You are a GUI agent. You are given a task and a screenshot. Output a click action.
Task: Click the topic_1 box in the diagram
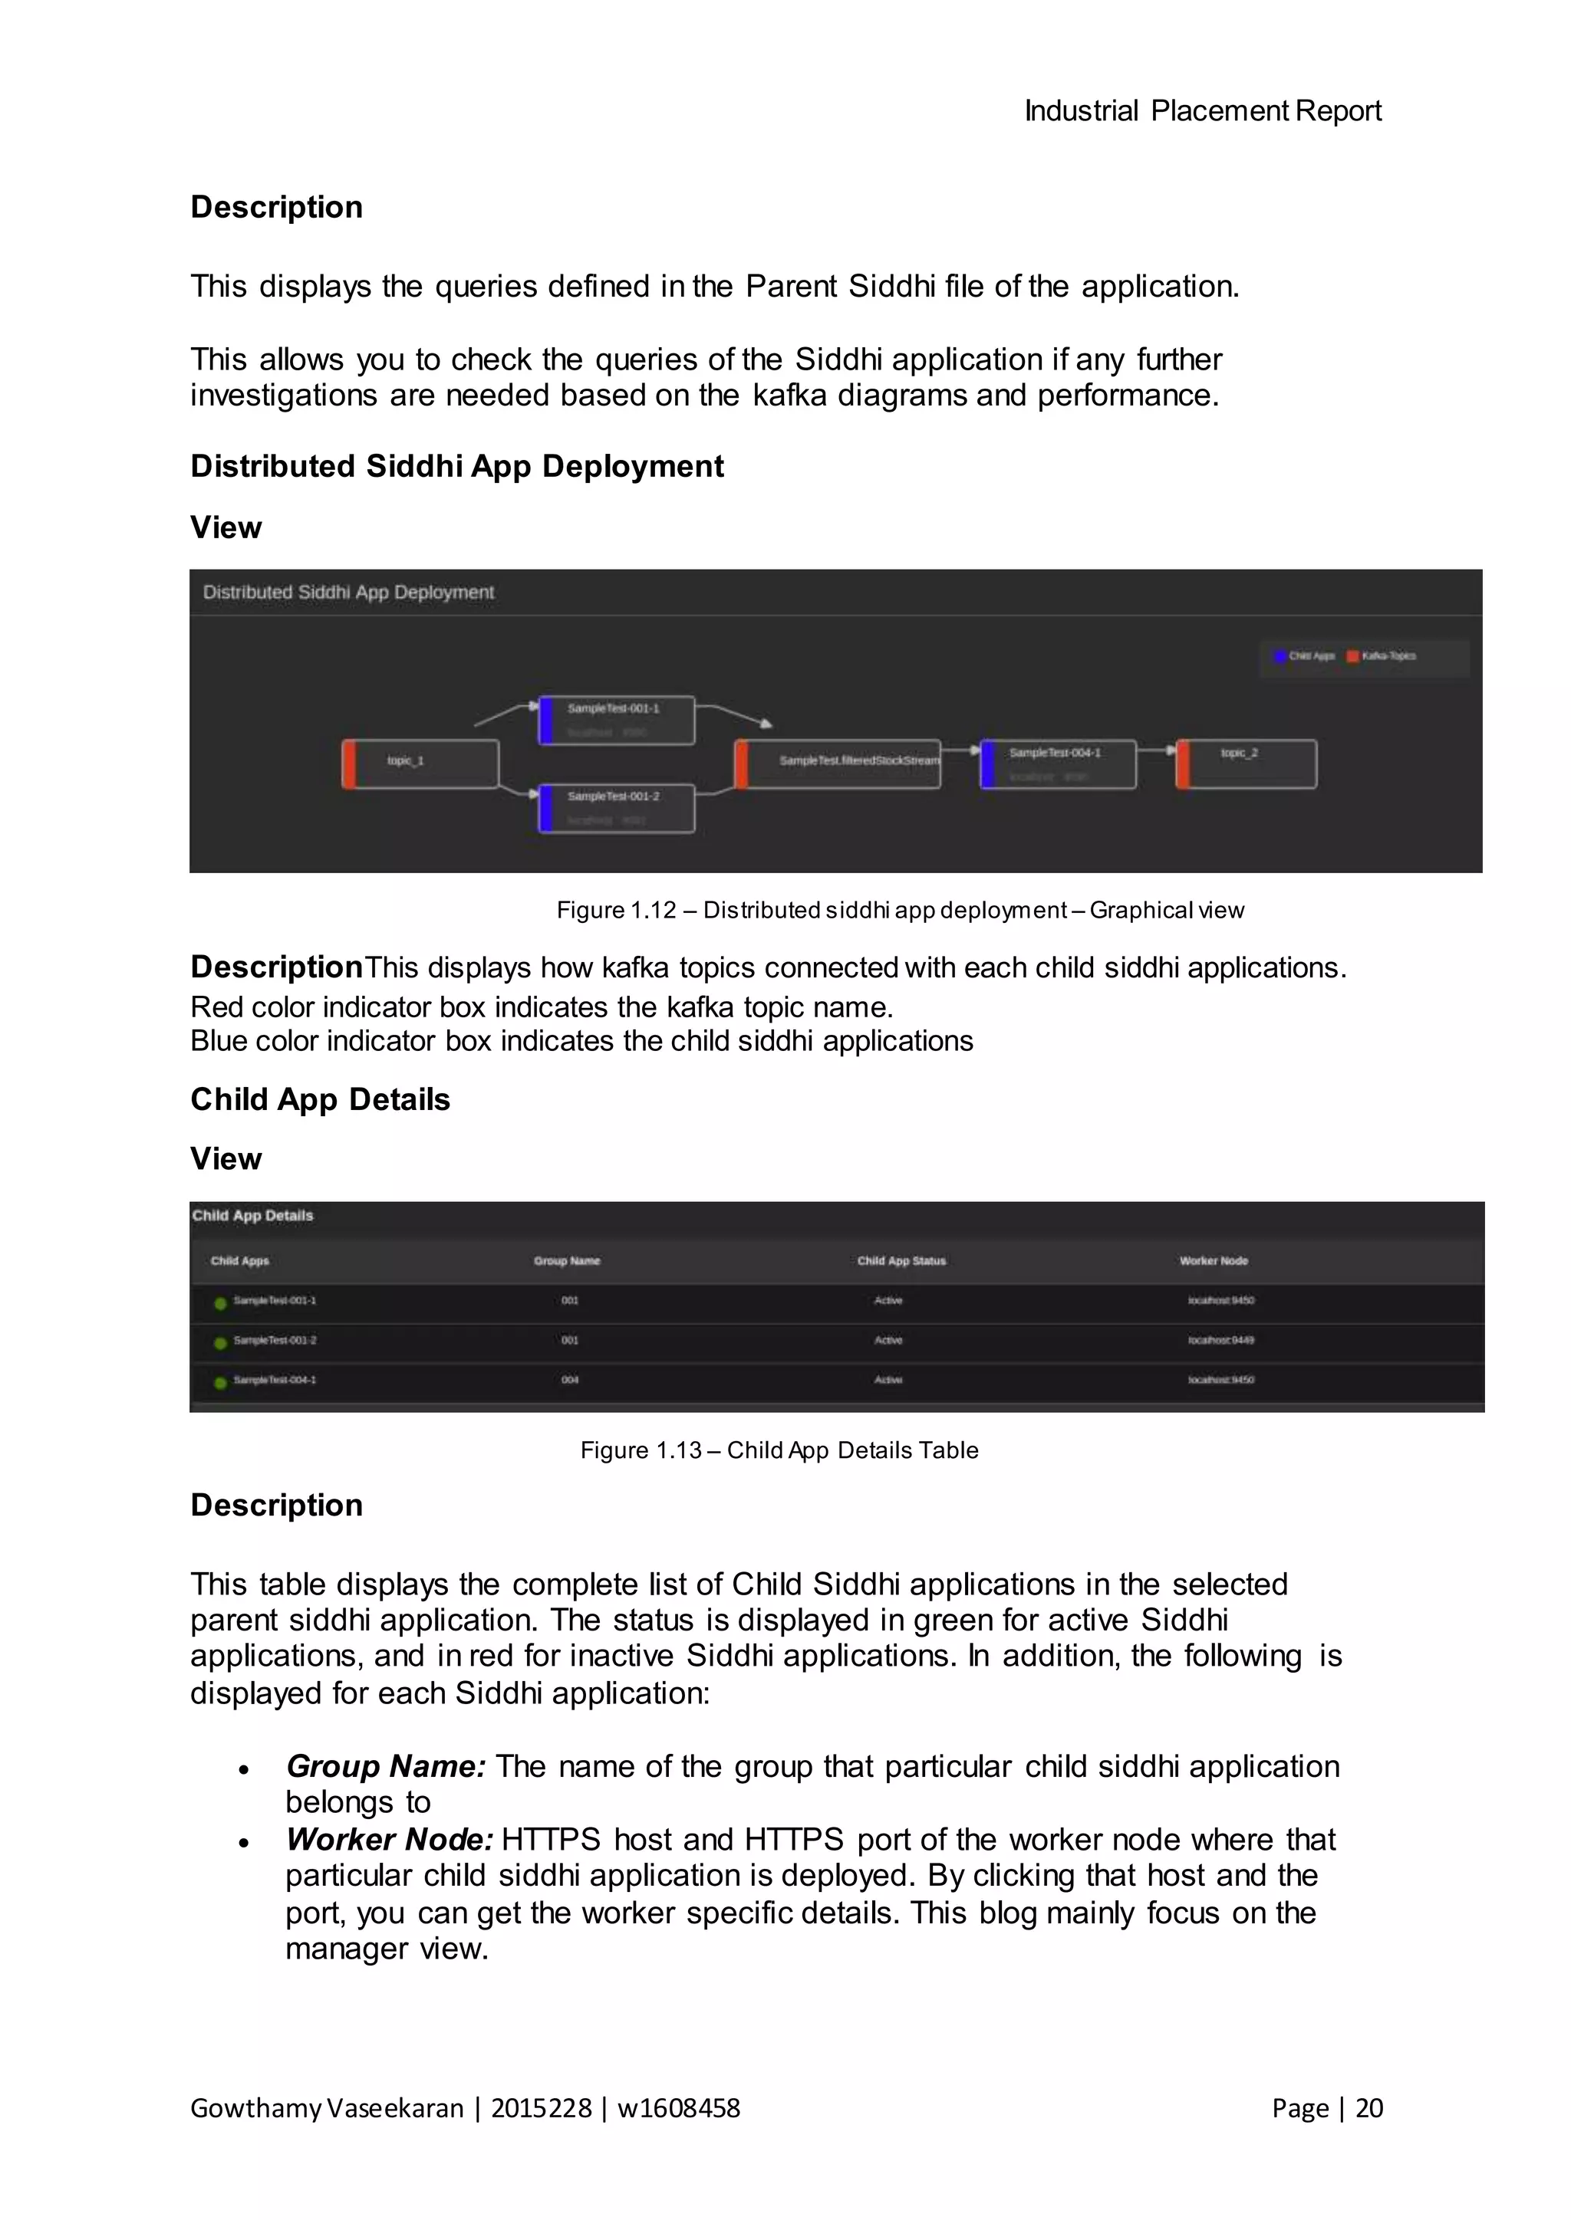[x=421, y=764]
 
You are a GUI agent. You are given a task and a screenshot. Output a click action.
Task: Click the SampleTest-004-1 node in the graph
[x=1059, y=764]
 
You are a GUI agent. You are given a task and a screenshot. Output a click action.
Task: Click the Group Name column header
[x=567, y=1261]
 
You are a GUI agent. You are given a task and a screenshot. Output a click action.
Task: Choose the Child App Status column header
[x=901, y=1261]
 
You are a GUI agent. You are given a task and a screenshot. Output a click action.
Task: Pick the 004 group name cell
[x=570, y=1380]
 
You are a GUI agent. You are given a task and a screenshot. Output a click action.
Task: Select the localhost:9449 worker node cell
[x=1220, y=1340]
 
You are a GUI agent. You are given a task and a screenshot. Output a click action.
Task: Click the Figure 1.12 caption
[x=900, y=910]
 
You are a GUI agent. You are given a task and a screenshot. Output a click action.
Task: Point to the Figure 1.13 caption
[x=779, y=1450]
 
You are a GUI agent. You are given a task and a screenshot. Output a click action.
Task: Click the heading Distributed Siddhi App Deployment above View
[x=456, y=466]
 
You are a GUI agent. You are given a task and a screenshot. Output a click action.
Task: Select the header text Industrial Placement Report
[x=1203, y=111]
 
